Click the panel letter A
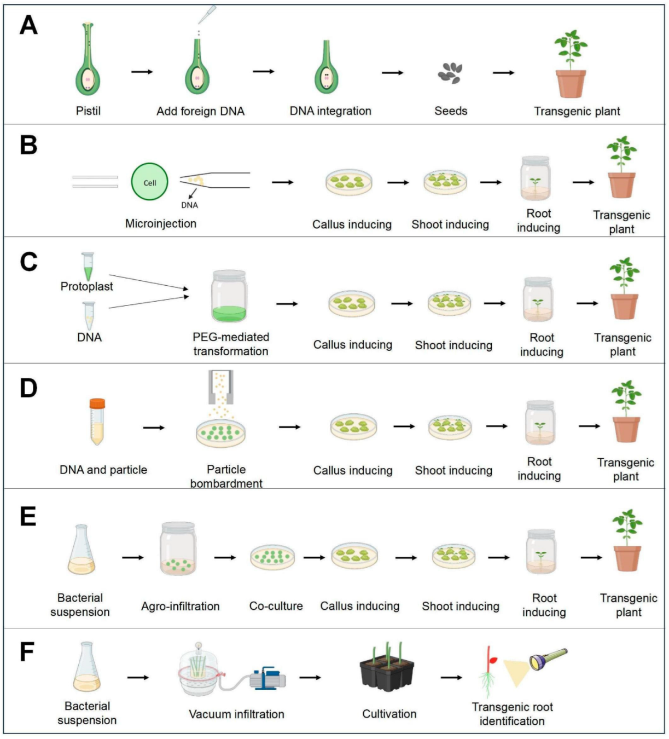tap(28, 26)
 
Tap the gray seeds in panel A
tap(450, 73)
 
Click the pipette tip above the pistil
tap(206, 15)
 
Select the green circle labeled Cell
tap(149, 182)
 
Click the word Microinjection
tap(160, 223)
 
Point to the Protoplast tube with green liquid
tap(88, 267)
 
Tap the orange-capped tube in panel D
tap(97, 421)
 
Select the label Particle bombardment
tap(226, 476)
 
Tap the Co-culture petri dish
tap(272, 557)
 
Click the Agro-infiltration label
tap(180, 606)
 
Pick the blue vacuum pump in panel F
tap(267, 678)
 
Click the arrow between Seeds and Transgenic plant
tap(503, 73)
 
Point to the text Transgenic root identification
tap(512, 714)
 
